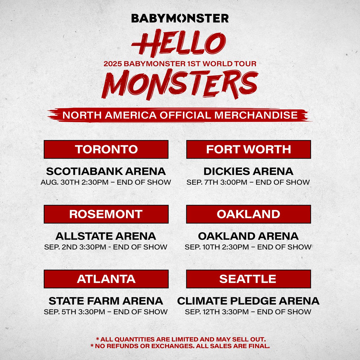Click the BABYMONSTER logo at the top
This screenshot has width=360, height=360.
pos(180,18)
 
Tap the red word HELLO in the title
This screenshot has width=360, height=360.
pos(178,43)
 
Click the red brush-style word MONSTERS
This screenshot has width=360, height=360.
pos(180,84)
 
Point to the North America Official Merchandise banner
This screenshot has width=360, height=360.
pos(180,115)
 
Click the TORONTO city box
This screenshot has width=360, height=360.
pos(106,149)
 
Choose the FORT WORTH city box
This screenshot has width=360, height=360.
pos(248,149)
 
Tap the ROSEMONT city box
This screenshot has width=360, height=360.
pos(106,214)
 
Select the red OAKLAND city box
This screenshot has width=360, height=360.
pos(248,214)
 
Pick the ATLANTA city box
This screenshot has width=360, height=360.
pos(106,279)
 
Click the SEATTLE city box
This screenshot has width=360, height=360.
pos(248,279)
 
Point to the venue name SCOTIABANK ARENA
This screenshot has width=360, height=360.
pos(106,171)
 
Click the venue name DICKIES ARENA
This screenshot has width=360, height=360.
pos(248,171)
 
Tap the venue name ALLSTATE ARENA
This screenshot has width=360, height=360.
pos(106,236)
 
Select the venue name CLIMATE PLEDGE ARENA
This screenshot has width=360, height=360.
pos(248,301)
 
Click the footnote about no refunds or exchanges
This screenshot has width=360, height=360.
pos(180,346)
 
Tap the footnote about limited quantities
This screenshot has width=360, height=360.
pos(181,339)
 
